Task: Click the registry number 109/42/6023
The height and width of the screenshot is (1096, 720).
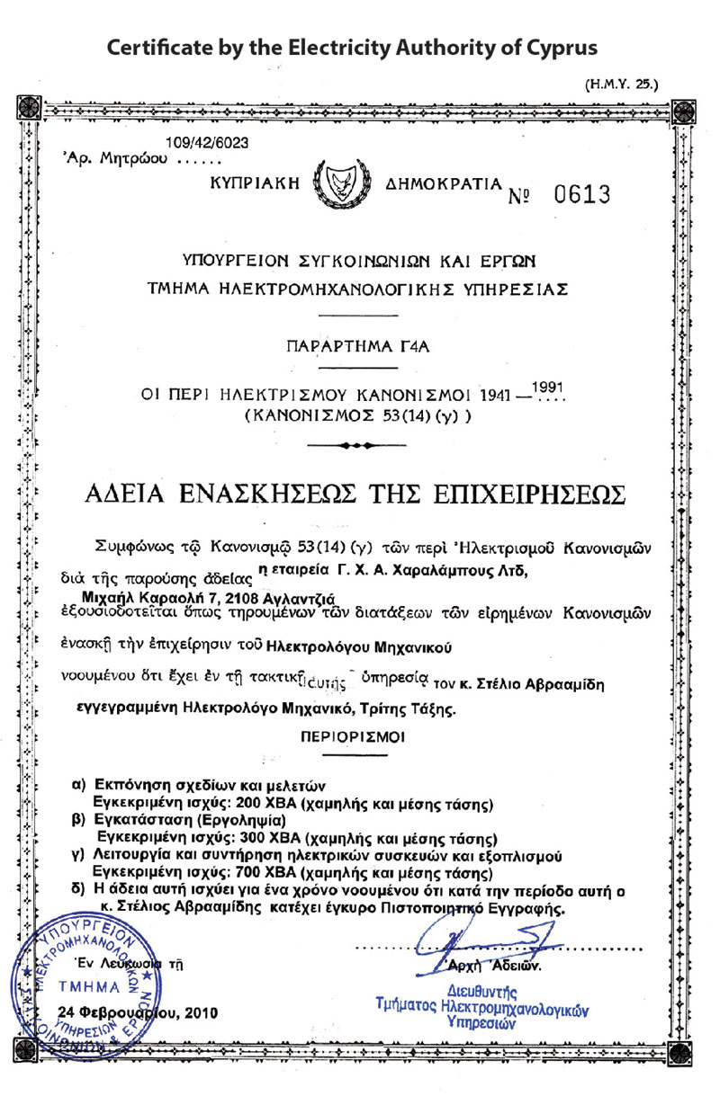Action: coord(208,142)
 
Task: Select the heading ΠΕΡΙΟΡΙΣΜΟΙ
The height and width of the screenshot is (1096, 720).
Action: coord(353,735)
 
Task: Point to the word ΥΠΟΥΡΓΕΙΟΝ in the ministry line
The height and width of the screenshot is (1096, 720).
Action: coord(229,263)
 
